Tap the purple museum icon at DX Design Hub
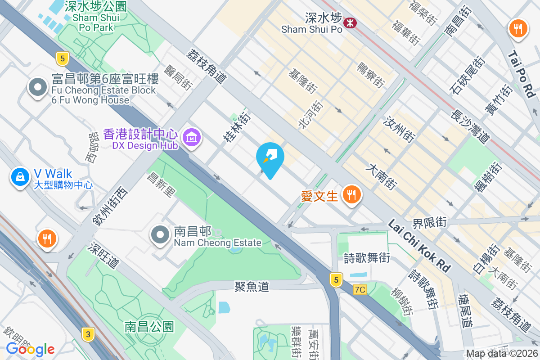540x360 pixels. tap(192, 137)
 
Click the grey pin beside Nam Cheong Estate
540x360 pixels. tap(160, 234)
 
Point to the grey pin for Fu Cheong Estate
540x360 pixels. tap(38, 86)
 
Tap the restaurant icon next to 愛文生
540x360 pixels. tap(351, 195)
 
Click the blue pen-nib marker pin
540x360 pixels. tap(270, 157)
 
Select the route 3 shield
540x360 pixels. tap(88, 334)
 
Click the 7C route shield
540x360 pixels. tap(360, 290)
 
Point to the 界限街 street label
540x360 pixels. tap(430, 222)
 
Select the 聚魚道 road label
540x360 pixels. tap(252, 286)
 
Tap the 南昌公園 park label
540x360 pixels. tap(149, 326)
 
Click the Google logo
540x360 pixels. tap(30, 349)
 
